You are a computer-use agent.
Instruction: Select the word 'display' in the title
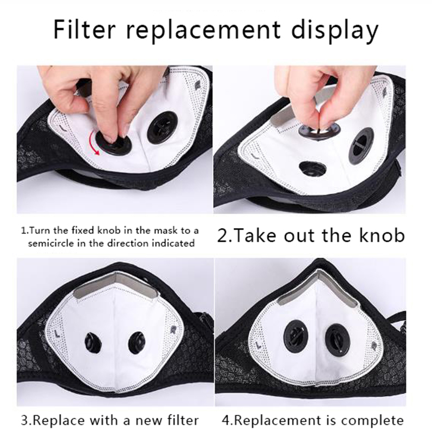click(335, 31)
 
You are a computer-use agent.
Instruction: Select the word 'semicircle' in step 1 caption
click(51, 244)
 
